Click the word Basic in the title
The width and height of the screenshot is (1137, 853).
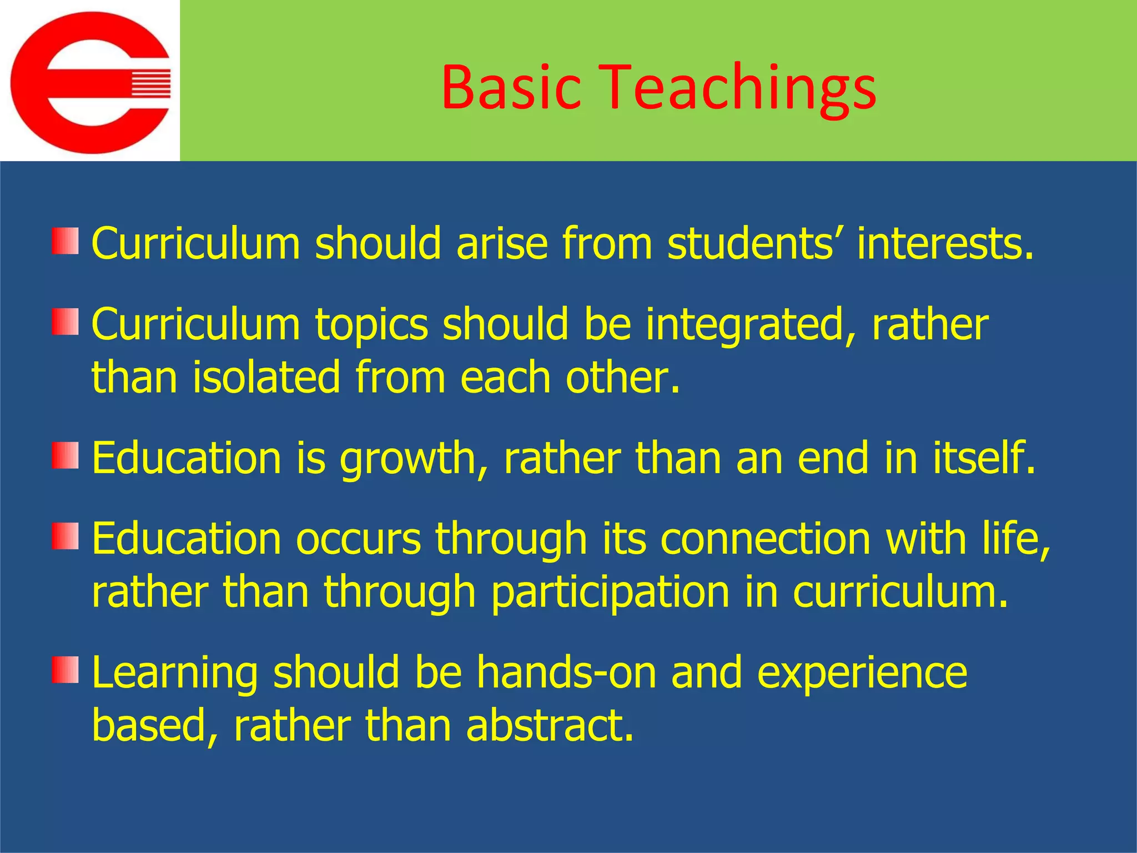[x=511, y=88]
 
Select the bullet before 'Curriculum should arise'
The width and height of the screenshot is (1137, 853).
[x=66, y=241]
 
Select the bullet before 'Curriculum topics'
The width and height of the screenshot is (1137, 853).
[x=66, y=322]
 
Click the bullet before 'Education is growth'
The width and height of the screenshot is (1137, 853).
[x=66, y=455]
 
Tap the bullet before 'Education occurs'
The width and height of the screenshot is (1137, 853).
[x=66, y=536]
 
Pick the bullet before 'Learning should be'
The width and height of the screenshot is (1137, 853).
[x=66, y=670]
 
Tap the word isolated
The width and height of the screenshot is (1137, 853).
[x=266, y=378]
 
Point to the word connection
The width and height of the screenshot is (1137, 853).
[x=766, y=539]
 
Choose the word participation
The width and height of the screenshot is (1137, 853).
[x=610, y=593]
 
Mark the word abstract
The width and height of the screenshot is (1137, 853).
[x=550, y=725]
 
